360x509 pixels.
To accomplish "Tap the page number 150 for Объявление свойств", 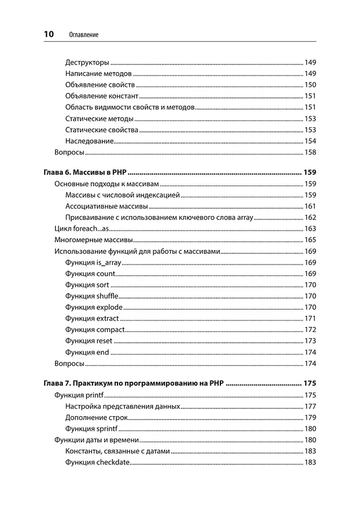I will pos(310,85).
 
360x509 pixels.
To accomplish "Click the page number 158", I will pos(310,153).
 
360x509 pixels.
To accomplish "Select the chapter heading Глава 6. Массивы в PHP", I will pos(84,172).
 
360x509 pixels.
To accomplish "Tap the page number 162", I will pos(310,218).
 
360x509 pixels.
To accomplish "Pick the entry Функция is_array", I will pos(93,263).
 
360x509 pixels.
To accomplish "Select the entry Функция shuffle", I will pos(92,296).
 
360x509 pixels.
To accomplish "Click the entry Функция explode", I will pos(94,307).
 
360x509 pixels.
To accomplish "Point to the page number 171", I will pos(310,318).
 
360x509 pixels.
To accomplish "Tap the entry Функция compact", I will pos(94,330).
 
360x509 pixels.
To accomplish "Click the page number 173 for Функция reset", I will pos(310,341).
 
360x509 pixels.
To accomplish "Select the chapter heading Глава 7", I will pos(133,383).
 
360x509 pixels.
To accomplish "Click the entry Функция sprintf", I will pos(92,429).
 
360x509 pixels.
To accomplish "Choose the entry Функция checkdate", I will pos(97,463).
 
